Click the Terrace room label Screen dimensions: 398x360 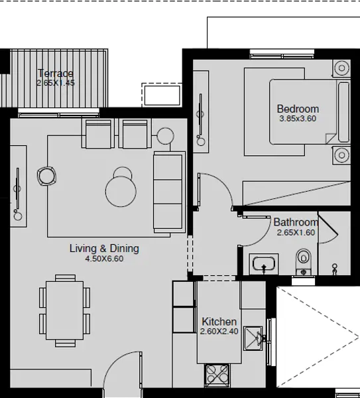(x=56, y=73)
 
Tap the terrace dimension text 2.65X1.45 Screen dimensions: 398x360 (x=56, y=84)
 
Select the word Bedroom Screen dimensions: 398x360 (x=298, y=109)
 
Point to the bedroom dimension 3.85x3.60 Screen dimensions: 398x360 (x=298, y=119)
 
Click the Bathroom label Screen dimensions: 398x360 (x=296, y=222)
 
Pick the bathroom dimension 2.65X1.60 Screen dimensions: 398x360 (x=296, y=233)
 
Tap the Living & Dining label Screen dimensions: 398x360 (x=104, y=249)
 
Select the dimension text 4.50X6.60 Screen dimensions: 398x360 (x=104, y=259)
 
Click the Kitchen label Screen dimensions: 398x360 (x=219, y=322)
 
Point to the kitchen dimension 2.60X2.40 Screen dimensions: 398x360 (x=219, y=332)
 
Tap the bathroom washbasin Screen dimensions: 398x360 (x=265, y=264)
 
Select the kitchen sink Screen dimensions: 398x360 (x=254, y=338)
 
